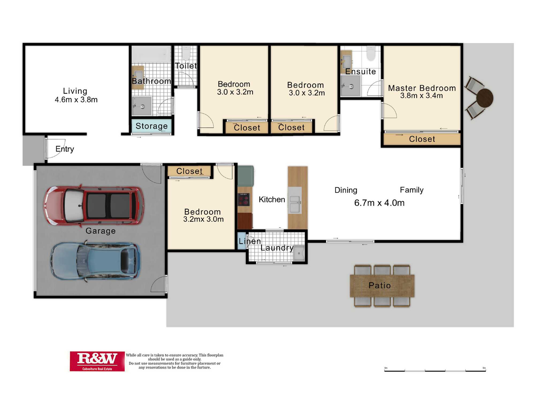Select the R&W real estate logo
click(97, 361)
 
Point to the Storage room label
click(152, 126)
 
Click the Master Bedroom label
click(422, 88)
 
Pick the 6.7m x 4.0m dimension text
click(379, 203)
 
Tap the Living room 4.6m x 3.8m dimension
click(76, 100)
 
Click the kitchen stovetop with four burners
click(244, 199)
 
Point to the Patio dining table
click(382, 286)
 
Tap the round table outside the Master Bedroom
click(485, 98)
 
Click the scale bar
click(435, 371)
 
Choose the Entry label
click(65, 149)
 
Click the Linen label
click(250, 241)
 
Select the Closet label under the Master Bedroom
click(422, 139)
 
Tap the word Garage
click(101, 231)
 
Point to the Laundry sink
click(299, 253)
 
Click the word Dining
click(346, 190)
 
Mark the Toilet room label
click(186, 66)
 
